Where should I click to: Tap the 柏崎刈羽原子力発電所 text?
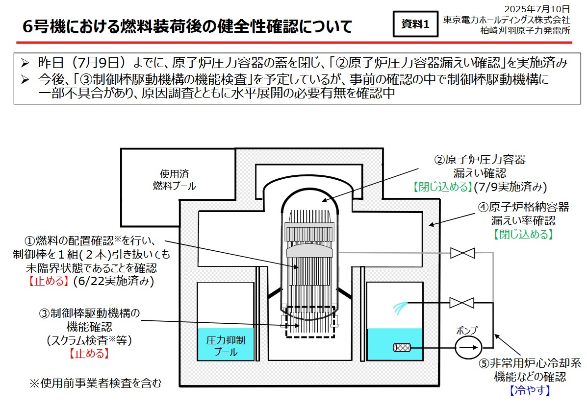click(525, 30)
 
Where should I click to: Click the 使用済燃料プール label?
click(174, 180)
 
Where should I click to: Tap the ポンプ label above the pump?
click(466, 330)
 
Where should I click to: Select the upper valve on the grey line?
click(462, 253)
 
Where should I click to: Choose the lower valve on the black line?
click(462, 303)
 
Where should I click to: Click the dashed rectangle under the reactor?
click(310, 321)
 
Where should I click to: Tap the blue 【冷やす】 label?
click(529, 390)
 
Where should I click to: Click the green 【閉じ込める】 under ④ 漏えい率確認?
click(523, 234)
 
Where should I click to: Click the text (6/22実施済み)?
click(113, 281)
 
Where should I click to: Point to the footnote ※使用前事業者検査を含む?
click(96, 383)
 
